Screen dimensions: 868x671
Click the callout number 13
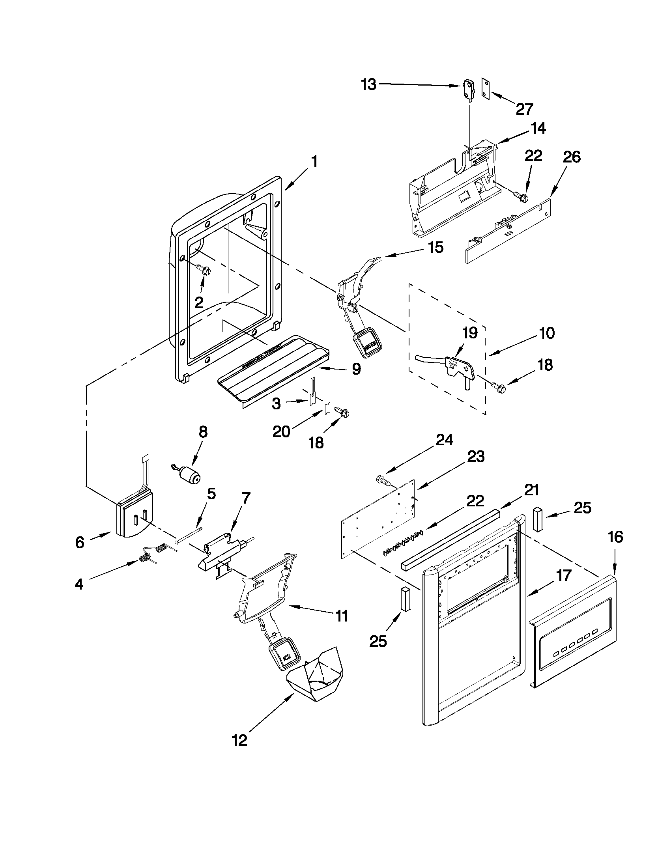point(368,85)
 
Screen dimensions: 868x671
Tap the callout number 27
point(524,109)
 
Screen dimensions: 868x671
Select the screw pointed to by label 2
point(206,271)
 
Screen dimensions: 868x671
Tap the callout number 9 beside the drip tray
point(356,369)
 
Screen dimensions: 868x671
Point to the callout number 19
point(469,332)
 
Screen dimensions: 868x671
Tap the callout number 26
point(572,157)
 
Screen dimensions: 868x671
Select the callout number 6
point(80,542)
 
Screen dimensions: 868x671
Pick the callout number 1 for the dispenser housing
point(314,162)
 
